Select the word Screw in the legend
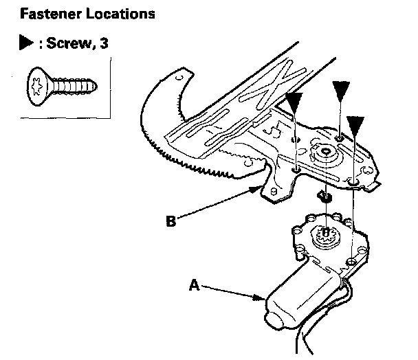67,43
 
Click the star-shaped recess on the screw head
36,86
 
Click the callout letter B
171,221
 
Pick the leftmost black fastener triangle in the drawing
294,103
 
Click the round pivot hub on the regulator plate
322,156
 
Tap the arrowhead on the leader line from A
262,297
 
